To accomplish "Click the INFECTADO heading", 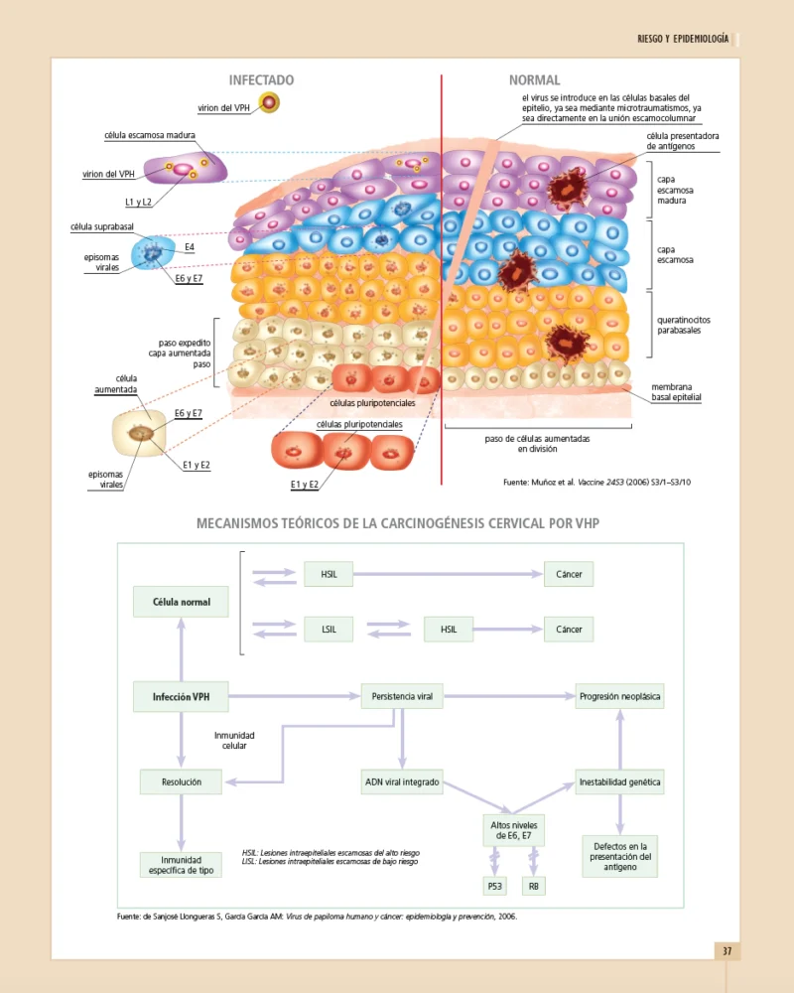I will click(x=261, y=80).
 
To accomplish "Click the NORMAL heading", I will click(x=534, y=80).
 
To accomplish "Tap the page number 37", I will click(x=727, y=951).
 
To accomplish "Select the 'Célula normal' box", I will click(x=181, y=602).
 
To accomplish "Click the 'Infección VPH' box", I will click(x=181, y=697).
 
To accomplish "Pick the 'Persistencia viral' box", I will click(x=402, y=697).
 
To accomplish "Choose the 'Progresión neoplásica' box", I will click(x=620, y=697).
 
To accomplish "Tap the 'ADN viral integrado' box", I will click(x=402, y=782).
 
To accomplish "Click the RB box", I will click(x=533, y=886).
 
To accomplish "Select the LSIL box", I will click(x=330, y=630).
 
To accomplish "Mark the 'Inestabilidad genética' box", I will click(x=620, y=782).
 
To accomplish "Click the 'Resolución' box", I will click(x=181, y=782).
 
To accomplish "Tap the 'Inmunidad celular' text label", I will click(x=234, y=741).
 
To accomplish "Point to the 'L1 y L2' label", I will click(x=139, y=203).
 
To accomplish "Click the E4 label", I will click(x=190, y=245).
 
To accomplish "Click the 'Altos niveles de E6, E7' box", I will click(x=513, y=830).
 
